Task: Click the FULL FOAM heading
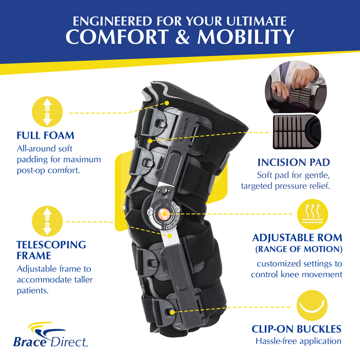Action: [x=45, y=136]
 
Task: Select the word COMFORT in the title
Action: [x=118, y=37]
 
